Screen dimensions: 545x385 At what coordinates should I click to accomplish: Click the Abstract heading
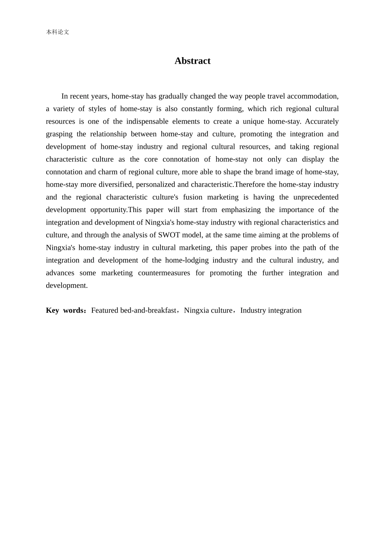[x=192, y=61]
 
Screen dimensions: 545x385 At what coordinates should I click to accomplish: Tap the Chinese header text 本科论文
[x=58, y=32]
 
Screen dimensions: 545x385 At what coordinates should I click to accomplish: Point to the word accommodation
[x=314, y=96]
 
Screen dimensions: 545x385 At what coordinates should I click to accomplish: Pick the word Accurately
[x=322, y=121]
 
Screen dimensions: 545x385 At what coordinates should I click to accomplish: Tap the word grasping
[x=59, y=134]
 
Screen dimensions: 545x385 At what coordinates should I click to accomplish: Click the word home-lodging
[x=187, y=260]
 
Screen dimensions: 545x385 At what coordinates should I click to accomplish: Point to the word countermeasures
[x=164, y=273]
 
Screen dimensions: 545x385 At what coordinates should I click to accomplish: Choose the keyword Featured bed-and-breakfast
[x=134, y=310]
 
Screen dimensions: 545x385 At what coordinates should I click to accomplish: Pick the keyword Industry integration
[x=271, y=310]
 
